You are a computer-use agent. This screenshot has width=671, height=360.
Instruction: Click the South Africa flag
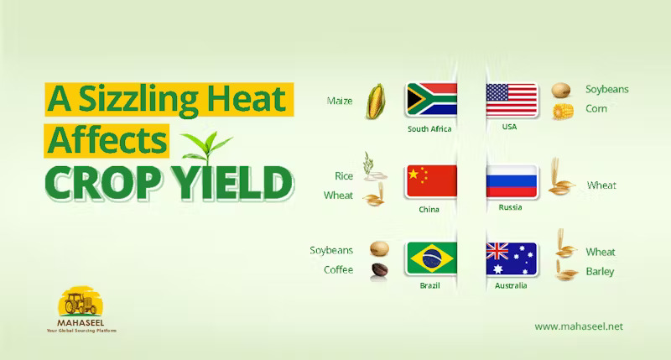coord(431,99)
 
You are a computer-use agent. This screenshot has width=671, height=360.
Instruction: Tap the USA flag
coord(512,100)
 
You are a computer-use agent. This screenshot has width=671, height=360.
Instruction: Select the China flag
coord(432,181)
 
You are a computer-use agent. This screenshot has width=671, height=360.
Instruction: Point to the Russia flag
coord(512,181)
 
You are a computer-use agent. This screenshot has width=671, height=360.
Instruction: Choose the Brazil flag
coord(432,258)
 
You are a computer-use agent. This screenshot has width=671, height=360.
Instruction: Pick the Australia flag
coord(512,258)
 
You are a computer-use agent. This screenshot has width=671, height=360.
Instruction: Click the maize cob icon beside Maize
coord(375,101)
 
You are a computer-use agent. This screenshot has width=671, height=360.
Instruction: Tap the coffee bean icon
coord(380,269)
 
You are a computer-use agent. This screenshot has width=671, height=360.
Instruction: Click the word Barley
coord(600,272)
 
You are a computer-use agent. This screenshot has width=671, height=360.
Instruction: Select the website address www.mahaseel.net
coord(579,326)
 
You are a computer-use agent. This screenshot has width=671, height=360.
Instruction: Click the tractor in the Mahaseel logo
coord(81,304)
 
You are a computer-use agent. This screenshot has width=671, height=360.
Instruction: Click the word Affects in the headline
coord(107,140)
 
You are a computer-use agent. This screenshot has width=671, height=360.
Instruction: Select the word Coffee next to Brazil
coord(339,269)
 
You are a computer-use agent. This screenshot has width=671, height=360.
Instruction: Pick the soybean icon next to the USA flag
coord(560,91)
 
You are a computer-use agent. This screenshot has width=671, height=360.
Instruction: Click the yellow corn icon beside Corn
coord(562,112)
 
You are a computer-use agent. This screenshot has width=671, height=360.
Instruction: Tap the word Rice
coord(344,176)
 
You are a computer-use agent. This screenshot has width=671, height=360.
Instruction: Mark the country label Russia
coord(510,207)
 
